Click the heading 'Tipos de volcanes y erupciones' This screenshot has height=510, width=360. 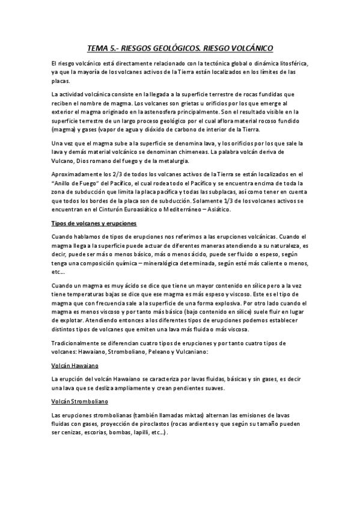(94, 223)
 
